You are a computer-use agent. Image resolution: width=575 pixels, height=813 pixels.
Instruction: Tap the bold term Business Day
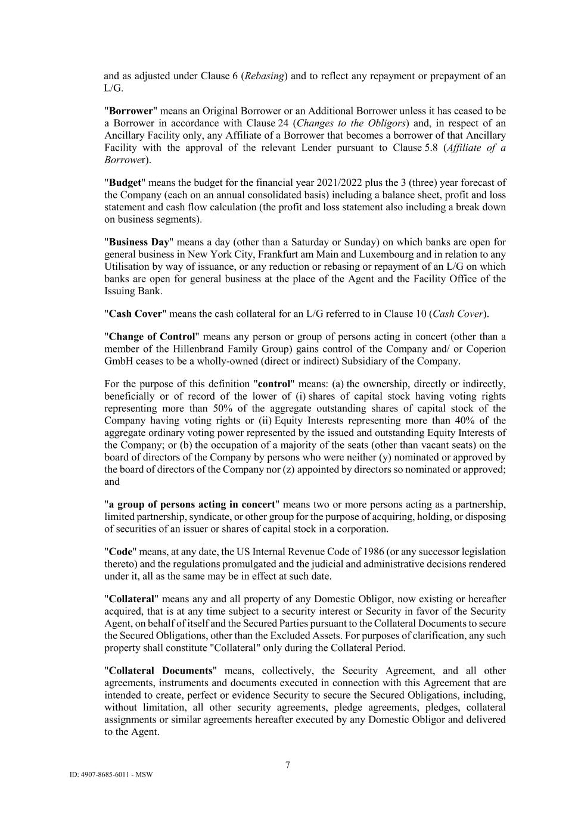point(139,242)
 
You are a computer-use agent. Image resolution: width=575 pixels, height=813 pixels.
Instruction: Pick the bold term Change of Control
point(152,337)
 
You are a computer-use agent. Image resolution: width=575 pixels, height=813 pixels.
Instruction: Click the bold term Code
point(119,552)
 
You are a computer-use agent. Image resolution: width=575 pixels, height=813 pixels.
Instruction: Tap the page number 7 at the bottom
point(288,765)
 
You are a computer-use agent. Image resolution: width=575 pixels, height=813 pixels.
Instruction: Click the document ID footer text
point(111,775)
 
